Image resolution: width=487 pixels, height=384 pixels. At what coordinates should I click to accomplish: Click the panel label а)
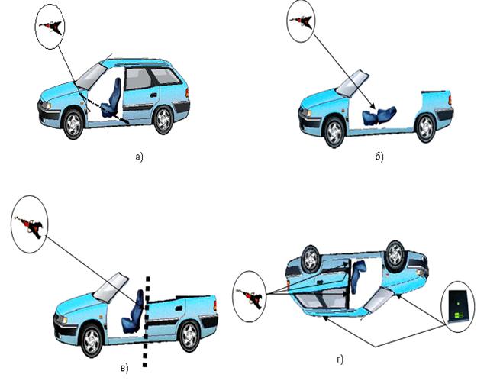[x=138, y=158]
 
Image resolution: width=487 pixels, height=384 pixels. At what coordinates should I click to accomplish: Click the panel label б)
[x=379, y=158]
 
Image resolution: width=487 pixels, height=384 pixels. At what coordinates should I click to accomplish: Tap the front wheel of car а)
[x=72, y=124]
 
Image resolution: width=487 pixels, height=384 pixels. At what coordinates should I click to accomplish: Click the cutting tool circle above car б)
[x=302, y=21]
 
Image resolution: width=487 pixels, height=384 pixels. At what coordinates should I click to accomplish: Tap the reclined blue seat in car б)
[x=380, y=115]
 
